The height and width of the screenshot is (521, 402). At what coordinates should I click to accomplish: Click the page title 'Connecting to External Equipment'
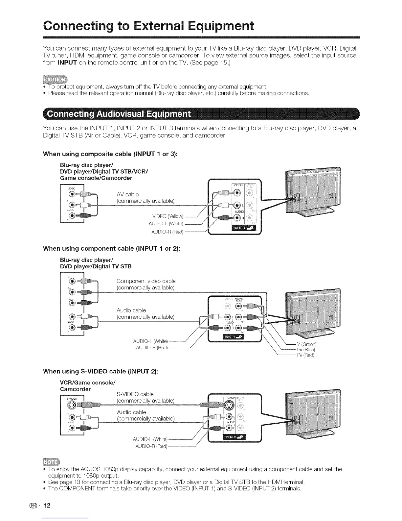pos(148,26)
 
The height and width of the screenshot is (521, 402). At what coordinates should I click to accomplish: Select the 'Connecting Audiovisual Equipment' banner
pos(119,114)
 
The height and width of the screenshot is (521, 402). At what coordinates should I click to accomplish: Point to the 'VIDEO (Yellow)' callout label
pos(168,216)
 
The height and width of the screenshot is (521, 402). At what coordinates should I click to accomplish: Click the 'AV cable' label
pos(127,194)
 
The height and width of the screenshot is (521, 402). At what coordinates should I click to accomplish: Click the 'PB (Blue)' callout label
pos(306,350)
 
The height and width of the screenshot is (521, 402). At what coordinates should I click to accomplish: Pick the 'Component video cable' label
pos(146,281)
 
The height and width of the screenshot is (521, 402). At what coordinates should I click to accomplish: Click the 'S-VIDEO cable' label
pos(135,394)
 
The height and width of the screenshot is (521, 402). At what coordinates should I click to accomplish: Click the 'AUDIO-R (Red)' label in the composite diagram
pos(167,232)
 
